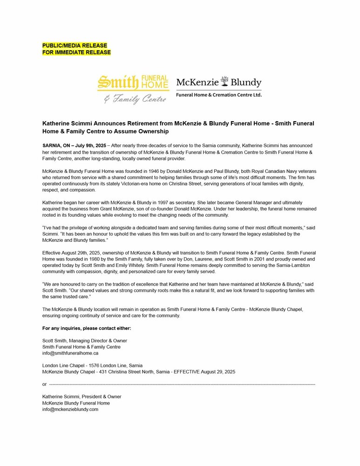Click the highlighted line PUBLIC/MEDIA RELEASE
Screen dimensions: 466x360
tap(75, 45)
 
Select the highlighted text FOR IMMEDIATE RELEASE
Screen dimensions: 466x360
tap(76, 52)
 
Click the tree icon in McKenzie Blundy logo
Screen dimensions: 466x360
tap(224, 82)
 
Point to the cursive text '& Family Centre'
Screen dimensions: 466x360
tap(135, 99)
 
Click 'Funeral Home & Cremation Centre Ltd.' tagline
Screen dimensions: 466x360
tap(218, 95)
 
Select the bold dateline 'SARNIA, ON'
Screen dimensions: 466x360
tap(58, 146)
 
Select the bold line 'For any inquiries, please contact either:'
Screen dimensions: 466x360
tap(87, 329)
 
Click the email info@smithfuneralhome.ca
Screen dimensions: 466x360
tap(70, 353)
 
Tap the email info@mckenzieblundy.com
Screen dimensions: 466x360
tap(70, 409)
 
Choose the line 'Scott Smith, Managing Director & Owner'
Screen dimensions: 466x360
tap(85, 341)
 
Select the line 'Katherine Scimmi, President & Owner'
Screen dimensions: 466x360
tap(82, 397)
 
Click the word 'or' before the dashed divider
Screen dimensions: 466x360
tap(44, 384)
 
